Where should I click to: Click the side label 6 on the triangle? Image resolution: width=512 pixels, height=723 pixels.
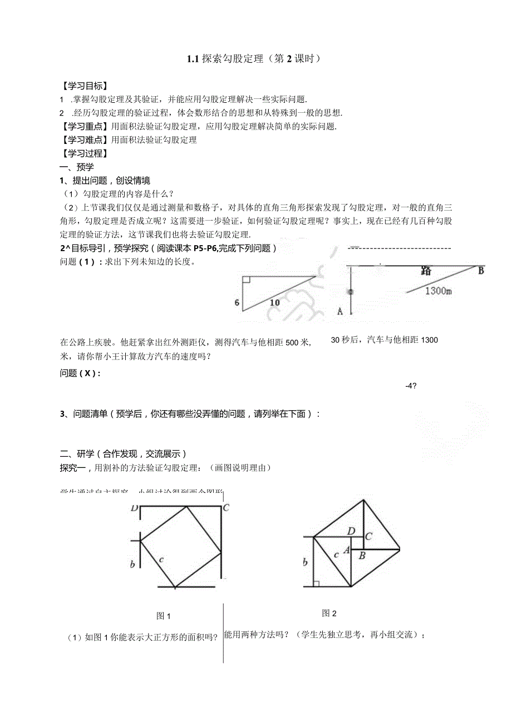pyautogui.click(x=237, y=303)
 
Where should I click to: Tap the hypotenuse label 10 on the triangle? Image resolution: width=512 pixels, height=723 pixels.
pyautogui.click(x=275, y=303)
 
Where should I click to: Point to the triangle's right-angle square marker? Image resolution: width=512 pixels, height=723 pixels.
pyautogui.click(x=247, y=279)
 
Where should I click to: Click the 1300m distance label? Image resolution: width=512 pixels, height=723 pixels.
pyautogui.click(x=439, y=291)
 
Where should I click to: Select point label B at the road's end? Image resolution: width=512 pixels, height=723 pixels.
pyautogui.click(x=481, y=271)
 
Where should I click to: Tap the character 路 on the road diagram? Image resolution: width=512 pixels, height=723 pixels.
pyautogui.click(x=426, y=271)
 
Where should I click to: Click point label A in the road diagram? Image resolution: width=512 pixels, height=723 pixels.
pyautogui.click(x=340, y=311)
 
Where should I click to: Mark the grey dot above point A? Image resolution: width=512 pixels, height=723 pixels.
pyautogui.click(x=351, y=291)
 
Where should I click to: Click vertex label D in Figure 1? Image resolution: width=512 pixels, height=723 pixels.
pyautogui.click(x=134, y=508)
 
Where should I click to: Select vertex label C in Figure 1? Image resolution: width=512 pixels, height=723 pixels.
pyautogui.click(x=226, y=508)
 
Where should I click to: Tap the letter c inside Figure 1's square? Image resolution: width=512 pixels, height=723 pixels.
pyautogui.click(x=161, y=559)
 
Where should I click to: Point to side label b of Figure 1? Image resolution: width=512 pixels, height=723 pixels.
pyautogui.click(x=132, y=565)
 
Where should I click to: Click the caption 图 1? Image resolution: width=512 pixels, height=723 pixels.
pyautogui.click(x=163, y=616)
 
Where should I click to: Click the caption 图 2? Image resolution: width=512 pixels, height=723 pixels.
pyautogui.click(x=329, y=614)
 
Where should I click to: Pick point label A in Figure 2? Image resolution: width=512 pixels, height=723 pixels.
pyautogui.click(x=346, y=550)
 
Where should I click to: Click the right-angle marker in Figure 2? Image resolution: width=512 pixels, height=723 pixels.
pyautogui.click(x=316, y=583)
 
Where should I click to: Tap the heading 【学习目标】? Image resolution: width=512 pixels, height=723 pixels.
pyautogui.click(x=85, y=86)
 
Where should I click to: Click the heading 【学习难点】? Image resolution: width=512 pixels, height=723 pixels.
pyautogui.click(x=85, y=139)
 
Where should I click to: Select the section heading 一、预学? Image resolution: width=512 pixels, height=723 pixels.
pyautogui.click(x=77, y=167)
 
